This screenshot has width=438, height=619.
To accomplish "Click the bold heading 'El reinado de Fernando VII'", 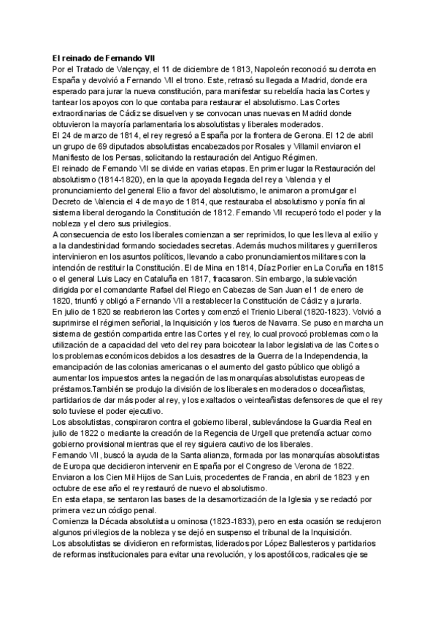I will pos(104,58).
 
